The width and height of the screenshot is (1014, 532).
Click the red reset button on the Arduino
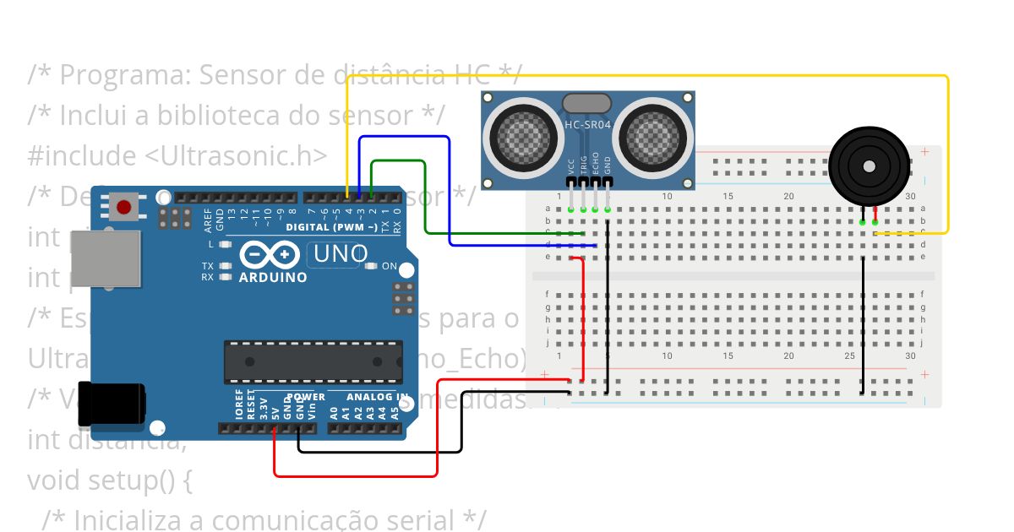pos(125,206)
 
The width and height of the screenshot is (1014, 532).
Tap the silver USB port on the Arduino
pos(105,258)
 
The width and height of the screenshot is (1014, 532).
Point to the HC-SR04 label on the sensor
pos(587,126)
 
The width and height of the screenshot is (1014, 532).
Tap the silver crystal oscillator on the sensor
pos(587,103)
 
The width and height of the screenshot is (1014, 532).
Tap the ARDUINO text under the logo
pos(273,277)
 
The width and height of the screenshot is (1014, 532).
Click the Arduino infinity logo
pos(270,254)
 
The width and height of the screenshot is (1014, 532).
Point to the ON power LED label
pos(390,266)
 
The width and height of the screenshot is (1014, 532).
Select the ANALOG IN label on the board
pos(377,397)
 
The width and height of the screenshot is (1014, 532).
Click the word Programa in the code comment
pos(126,75)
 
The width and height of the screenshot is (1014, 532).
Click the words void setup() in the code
pos(110,480)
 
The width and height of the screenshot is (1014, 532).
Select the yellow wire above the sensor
pos(642,77)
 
